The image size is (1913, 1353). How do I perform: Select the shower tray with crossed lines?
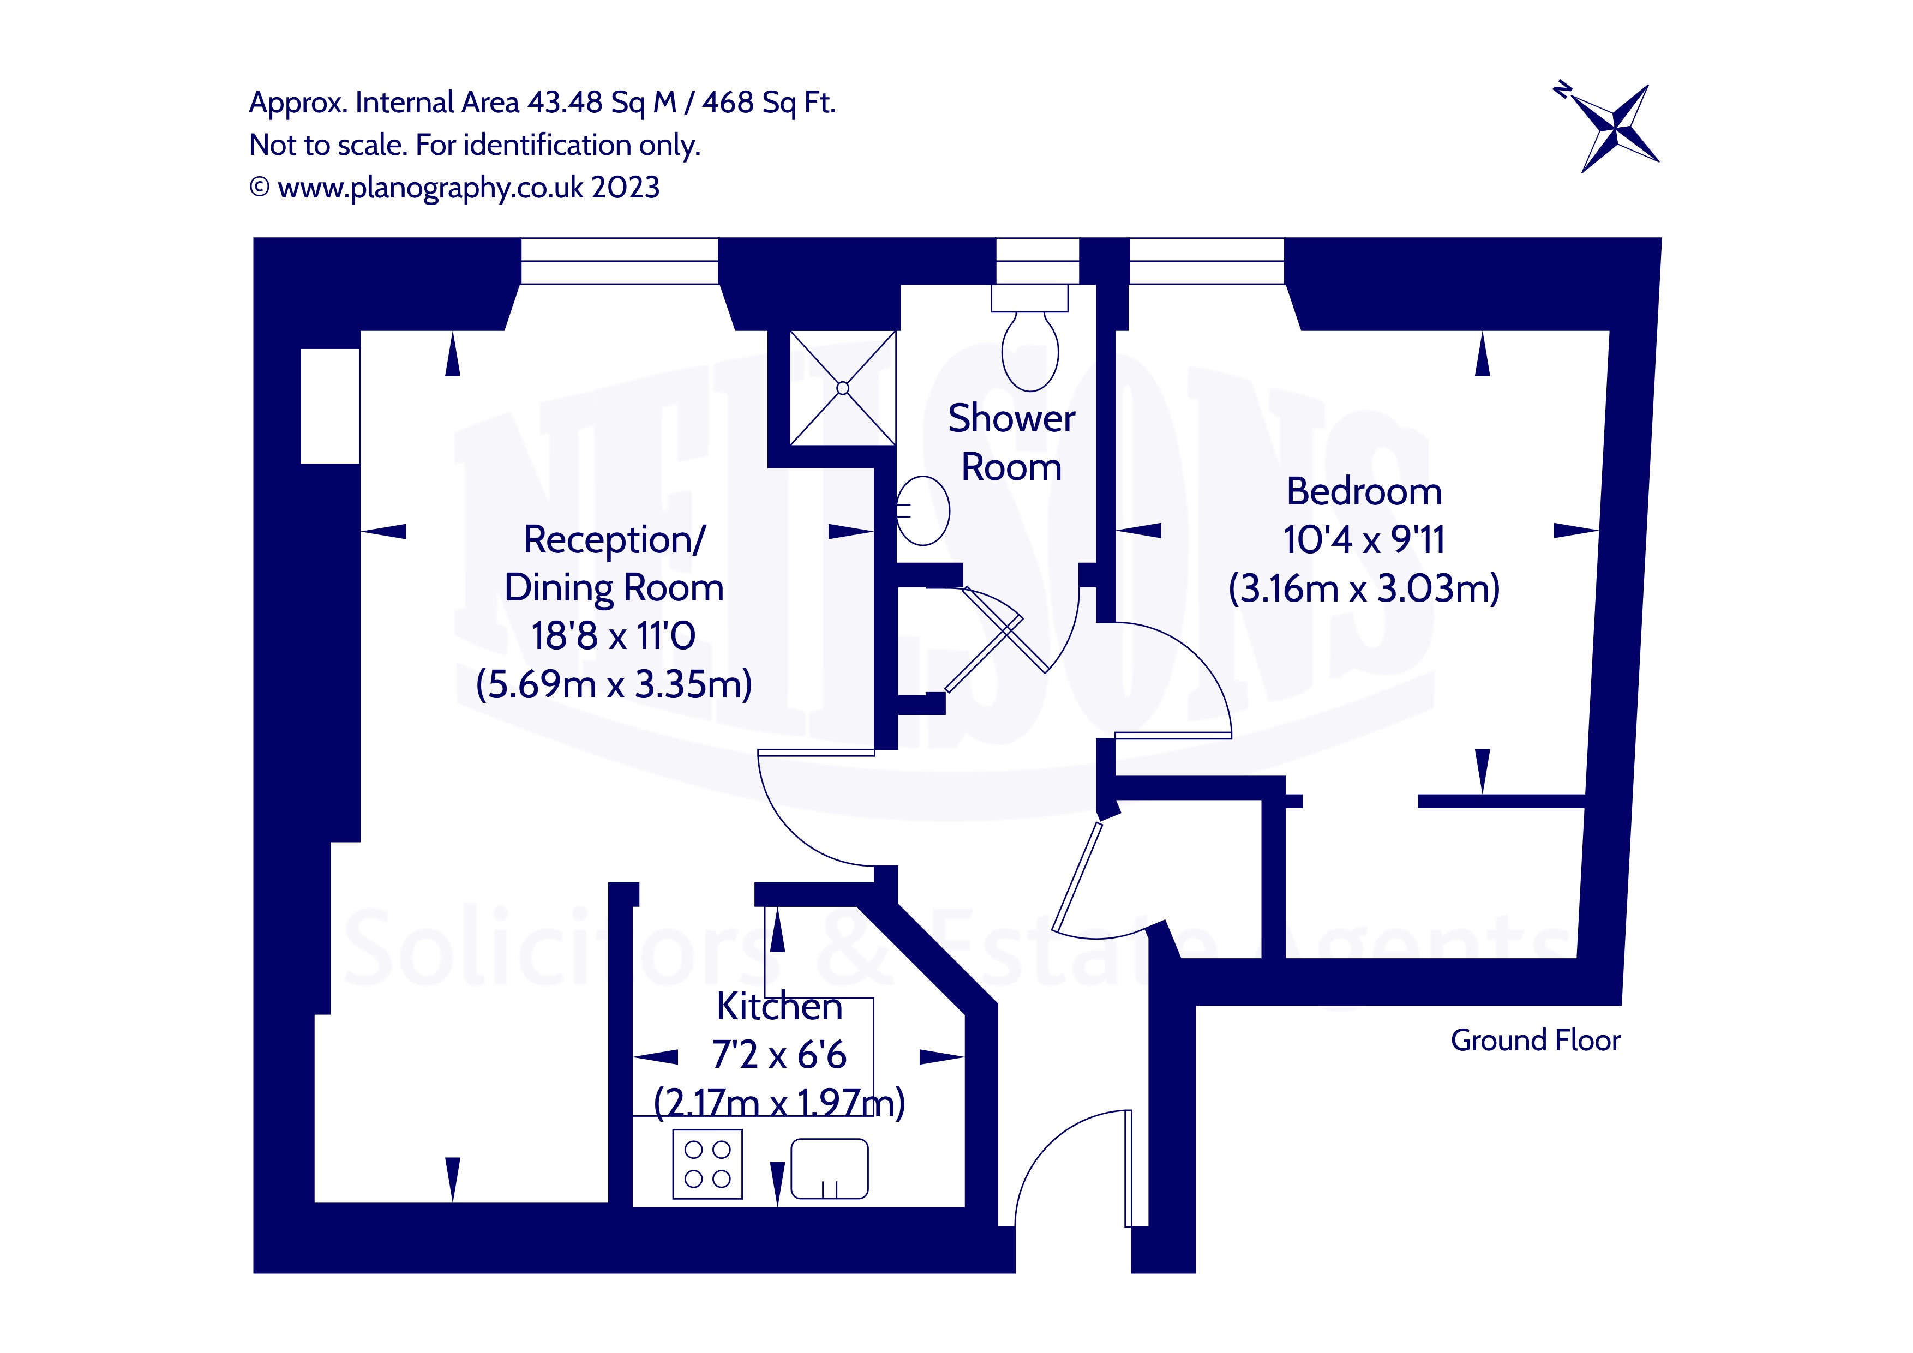(842, 388)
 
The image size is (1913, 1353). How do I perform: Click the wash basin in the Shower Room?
(923, 510)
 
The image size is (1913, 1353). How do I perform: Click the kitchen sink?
(829, 1168)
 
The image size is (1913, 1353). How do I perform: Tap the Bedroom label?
(1364, 491)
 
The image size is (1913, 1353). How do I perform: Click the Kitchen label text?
(779, 1006)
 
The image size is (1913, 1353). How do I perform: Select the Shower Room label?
(1011, 442)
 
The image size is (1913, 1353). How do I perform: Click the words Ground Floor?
(1535, 1041)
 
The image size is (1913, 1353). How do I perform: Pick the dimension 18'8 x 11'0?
(613, 636)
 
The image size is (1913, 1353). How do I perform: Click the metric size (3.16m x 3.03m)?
(1364, 588)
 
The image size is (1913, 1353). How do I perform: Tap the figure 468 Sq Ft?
(768, 103)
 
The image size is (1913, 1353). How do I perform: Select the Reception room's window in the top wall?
(619, 261)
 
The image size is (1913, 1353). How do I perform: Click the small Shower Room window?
(1038, 261)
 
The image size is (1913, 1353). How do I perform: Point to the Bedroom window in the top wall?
(1207, 261)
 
